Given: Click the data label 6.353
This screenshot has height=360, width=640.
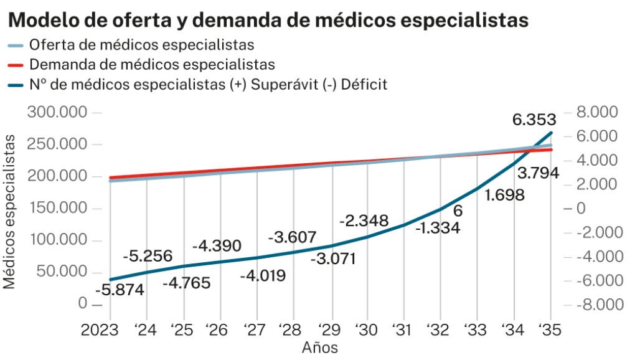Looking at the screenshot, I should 534,120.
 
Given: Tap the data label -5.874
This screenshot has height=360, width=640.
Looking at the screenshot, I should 120,290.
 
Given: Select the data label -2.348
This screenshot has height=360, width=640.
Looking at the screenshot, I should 364,220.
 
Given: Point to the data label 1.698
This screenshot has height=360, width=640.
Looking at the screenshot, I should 504,195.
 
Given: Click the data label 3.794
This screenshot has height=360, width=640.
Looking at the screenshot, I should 538,173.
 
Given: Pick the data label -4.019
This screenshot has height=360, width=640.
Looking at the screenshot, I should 263,274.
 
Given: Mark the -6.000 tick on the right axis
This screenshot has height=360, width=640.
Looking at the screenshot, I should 596,280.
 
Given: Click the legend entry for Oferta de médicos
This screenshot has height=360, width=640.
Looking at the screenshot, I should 142,45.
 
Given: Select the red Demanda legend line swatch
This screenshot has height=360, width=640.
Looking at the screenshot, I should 17,65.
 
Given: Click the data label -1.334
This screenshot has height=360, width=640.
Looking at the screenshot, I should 437,228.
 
